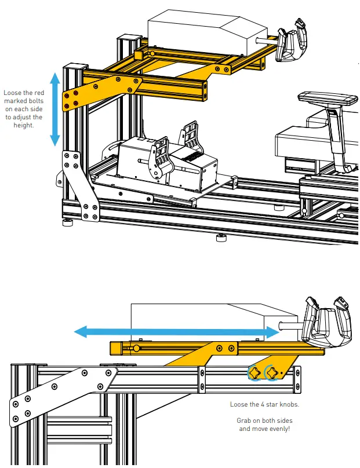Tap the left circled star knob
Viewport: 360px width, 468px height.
pyautogui.click(x=254, y=372)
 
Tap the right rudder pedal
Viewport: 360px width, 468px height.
pyautogui.click(x=192, y=139)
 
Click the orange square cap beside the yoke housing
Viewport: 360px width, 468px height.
pyautogui.click(x=139, y=54)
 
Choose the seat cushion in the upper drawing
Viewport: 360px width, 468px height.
pyautogui.click(x=301, y=139)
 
